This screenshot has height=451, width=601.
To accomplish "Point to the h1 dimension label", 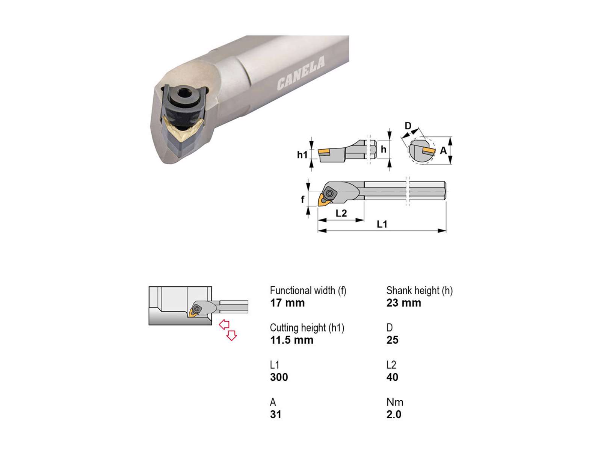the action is coord(302,155).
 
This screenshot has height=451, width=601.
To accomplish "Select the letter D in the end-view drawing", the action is coord(408,126).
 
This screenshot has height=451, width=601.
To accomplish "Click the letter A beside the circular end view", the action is coord(443,150).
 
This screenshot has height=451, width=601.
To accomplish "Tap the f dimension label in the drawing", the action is coord(302,199).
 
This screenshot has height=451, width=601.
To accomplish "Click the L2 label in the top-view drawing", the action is coord(341,213).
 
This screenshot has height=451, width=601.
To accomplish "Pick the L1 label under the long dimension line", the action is coord(382,224).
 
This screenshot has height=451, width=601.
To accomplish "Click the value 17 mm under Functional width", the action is coord(287,303).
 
